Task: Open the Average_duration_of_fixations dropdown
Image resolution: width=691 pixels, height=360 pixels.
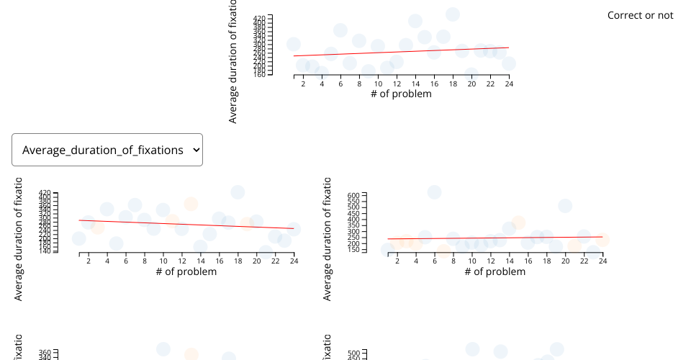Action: (107, 150)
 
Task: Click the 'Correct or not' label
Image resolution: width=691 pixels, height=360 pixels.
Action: (640, 15)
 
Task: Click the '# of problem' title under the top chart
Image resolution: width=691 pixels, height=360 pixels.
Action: (401, 94)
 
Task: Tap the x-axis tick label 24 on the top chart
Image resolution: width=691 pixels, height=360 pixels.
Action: (509, 84)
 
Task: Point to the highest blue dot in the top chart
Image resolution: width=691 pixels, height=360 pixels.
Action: (452, 14)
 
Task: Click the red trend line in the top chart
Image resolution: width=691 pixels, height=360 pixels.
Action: (401, 52)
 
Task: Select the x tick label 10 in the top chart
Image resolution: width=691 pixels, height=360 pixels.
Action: (378, 84)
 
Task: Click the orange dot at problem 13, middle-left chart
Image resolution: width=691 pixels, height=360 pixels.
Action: (191, 204)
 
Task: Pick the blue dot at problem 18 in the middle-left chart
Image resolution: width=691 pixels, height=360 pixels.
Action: (238, 192)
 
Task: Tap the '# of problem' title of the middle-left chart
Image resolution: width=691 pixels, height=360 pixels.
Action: (186, 271)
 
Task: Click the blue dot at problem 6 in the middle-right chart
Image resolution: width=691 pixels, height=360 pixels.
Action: (434, 192)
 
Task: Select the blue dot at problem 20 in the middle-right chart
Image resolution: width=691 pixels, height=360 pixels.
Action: (565, 206)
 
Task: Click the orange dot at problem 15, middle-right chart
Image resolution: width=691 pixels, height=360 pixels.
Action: (518, 223)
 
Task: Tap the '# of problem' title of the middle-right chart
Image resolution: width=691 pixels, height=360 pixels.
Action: (494, 271)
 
